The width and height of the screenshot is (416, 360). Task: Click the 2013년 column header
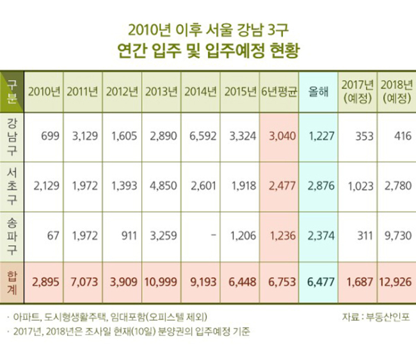coord(161,92)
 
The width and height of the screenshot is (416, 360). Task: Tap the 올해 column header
coord(318,92)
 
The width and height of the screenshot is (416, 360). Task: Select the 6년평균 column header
coord(279,92)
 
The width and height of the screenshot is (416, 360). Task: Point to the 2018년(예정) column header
coord(397,92)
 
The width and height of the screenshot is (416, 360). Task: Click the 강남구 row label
coord(12,137)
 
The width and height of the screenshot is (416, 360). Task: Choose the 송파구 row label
coord(12,236)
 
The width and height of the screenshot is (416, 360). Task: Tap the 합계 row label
coord(12,282)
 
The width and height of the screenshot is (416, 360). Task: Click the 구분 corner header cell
coord(12,92)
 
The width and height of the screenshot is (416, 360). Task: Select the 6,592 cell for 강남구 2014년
coord(203,136)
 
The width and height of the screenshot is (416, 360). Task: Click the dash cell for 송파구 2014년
coord(214,235)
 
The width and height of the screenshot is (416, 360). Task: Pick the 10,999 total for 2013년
coord(161,282)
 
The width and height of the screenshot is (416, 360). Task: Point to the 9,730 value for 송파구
coord(398,236)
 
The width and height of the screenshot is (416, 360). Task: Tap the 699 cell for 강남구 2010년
coord(50,136)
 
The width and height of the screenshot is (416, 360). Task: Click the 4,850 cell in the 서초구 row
coord(163,186)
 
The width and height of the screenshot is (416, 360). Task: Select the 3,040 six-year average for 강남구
coord(282,136)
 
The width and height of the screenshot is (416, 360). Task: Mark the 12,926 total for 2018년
coord(396,282)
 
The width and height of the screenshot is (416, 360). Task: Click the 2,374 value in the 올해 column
coord(321,236)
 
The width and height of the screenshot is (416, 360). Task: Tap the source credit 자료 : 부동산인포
coord(376,317)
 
